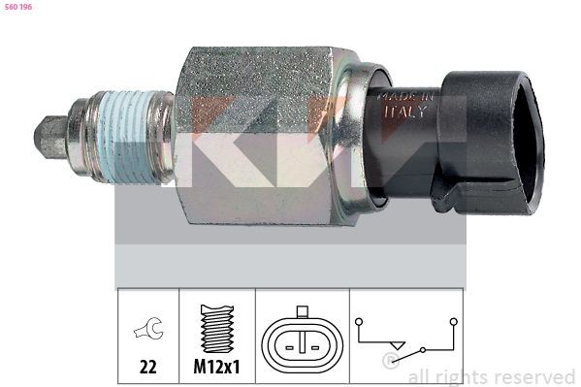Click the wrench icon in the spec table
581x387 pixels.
(x=147, y=331)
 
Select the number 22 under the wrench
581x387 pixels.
(x=147, y=369)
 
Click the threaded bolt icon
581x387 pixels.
(x=215, y=329)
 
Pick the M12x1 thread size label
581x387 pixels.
(x=215, y=369)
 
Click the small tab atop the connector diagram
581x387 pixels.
(x=303, y=312)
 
